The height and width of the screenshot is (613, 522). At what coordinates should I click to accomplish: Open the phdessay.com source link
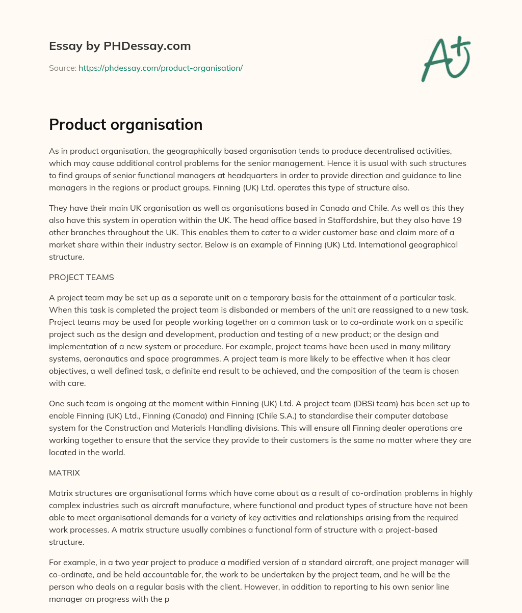point(161,68)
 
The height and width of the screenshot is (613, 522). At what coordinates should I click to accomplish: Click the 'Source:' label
point(62,68)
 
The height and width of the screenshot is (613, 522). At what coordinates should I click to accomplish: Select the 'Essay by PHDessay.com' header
point(120,46)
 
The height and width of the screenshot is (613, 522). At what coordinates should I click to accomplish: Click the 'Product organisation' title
point(125,124)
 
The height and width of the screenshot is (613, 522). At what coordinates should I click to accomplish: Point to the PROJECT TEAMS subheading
point(82,277)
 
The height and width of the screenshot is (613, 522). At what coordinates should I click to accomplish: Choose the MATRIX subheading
point(64,472)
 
